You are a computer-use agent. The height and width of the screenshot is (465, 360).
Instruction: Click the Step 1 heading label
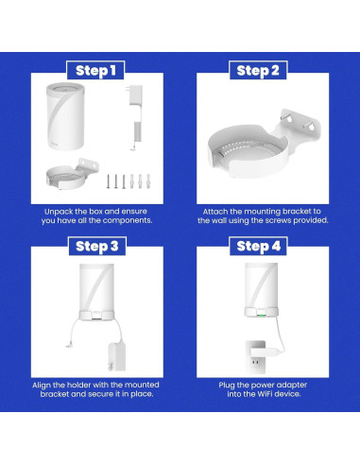pyautogui.click(x=94, y=71)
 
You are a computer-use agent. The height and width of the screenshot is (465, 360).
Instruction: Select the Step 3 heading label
pyautogui.click(x=94, y=247)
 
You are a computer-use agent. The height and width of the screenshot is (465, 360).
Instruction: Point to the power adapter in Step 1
pyautogui.click(x=133, y=118)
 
